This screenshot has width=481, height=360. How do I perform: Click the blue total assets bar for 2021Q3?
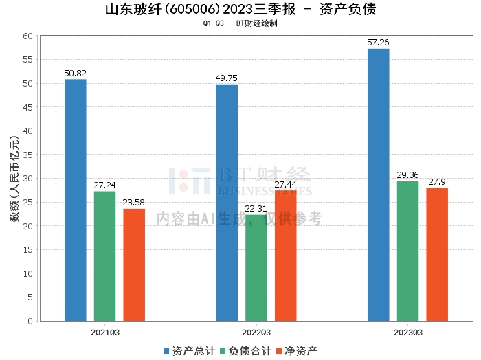[76, 200]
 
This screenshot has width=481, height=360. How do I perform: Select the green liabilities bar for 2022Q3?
[256, 268]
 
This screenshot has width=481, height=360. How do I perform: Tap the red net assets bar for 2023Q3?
[437, 254]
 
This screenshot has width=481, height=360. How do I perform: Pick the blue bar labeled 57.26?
[378, 185]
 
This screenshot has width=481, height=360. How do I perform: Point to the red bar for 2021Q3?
[134, 265]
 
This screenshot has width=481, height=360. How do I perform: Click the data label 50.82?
[75, 74]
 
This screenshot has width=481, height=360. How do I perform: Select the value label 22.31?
[256, 209]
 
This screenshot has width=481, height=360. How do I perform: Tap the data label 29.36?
[407, 175]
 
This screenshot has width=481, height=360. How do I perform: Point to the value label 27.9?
[437, 182]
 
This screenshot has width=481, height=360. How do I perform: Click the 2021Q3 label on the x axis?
[105, 333]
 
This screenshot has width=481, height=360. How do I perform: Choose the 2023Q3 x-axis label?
[408, 333]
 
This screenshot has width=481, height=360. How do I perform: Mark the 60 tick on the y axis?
[27, 36]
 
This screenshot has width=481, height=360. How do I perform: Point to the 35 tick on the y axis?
[27, 155]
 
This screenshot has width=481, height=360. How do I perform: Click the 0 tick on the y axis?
[30, 321]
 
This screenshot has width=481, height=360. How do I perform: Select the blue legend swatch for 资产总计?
[166, 351]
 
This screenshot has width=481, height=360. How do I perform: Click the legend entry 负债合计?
[246, 351]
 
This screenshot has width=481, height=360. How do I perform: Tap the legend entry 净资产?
[297, 351]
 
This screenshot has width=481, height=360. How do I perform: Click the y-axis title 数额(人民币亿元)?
[14, 179]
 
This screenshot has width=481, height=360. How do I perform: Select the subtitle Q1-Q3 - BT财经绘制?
[240, 23]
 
